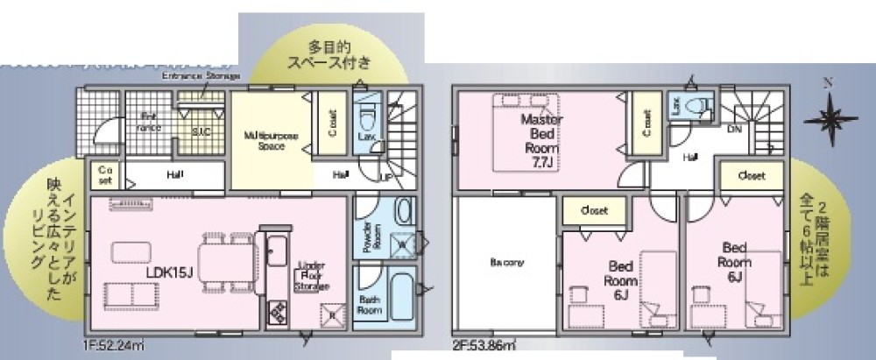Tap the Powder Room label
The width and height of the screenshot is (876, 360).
coord(366,236)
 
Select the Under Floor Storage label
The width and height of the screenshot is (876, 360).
coord(312,276)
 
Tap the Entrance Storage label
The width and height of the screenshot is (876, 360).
coord(201,77)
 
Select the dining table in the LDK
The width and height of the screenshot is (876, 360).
coord(225,260)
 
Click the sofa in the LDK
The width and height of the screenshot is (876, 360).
coord(127,295)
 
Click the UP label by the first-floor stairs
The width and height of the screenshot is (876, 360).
coord(386,178)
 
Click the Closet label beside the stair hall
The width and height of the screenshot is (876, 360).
coord(751,175)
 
